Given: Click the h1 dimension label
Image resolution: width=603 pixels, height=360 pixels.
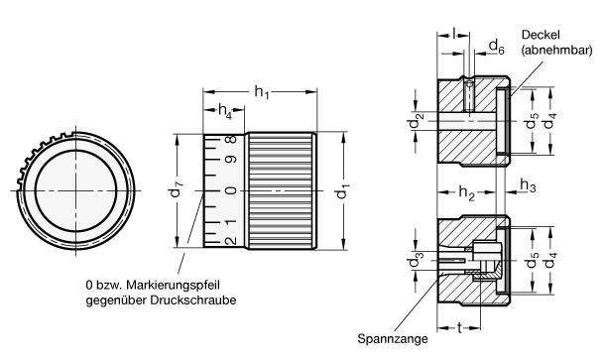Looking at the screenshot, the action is pyautogui.click(x=262, y=92).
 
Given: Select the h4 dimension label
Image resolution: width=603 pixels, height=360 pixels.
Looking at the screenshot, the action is pyautogui.click(x=225, y=111).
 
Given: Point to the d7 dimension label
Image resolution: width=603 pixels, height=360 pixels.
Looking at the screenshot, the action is pyautogui.click(x=177, y=188).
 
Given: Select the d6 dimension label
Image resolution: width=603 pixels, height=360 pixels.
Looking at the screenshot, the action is pyautogui.click(x=496, y=47).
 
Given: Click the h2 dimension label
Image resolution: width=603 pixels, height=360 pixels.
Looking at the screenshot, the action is pyautogui.click(x=466, y=193).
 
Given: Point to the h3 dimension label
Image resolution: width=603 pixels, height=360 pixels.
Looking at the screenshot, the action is pyautogui.click(x=528, y=185).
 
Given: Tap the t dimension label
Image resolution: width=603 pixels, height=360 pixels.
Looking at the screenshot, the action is pyautogui.click(x=460, y=328).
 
